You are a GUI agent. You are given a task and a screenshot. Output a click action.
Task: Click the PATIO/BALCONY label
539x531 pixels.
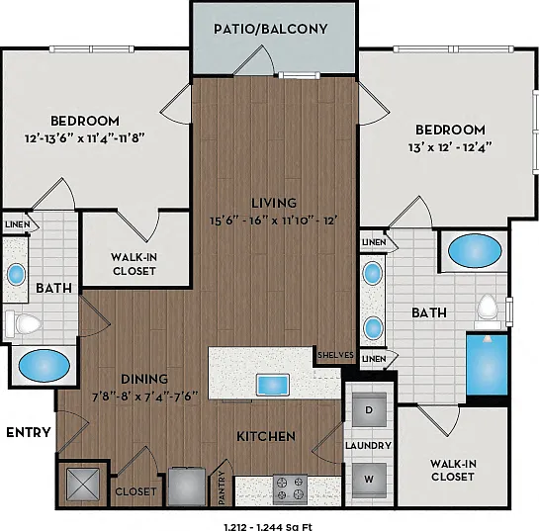point(271,29)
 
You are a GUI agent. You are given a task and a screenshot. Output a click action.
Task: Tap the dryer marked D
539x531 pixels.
point(369,410)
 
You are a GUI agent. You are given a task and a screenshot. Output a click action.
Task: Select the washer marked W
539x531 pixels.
point(369,480)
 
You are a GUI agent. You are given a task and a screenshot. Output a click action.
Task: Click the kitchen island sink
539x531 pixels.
point(273,386)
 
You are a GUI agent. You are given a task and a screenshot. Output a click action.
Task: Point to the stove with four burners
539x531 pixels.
point(290,489)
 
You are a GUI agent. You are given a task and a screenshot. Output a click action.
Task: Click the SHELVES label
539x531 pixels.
point(335,355)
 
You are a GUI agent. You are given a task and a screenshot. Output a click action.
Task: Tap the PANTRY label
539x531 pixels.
point(222,487)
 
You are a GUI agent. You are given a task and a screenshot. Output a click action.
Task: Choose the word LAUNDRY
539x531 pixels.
point(369,445)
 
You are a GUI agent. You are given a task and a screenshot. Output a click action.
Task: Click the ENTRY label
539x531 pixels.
point(29,432)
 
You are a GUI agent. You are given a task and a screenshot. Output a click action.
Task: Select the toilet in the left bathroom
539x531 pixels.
point(23,323)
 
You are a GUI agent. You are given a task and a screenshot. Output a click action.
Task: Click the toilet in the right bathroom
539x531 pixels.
point(488,310)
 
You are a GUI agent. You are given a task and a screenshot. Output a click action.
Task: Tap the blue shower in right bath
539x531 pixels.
point(487,365)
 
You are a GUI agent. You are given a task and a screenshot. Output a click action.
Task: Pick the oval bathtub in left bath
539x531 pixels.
point(44,365)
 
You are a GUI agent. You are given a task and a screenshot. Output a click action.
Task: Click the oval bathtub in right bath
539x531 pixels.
point(475,250)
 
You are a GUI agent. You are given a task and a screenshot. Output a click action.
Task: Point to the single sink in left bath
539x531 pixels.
point(16,275)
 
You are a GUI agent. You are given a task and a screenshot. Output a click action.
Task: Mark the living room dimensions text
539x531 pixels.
point(273,221)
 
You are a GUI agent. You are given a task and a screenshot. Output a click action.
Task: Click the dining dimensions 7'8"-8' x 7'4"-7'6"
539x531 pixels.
point(145,397)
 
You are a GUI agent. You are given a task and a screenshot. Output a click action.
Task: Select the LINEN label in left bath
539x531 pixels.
point(18,224)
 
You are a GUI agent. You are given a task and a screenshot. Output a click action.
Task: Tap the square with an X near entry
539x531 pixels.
point(83,485)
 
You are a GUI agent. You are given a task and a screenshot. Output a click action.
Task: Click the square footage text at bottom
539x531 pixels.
point(268,527)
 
